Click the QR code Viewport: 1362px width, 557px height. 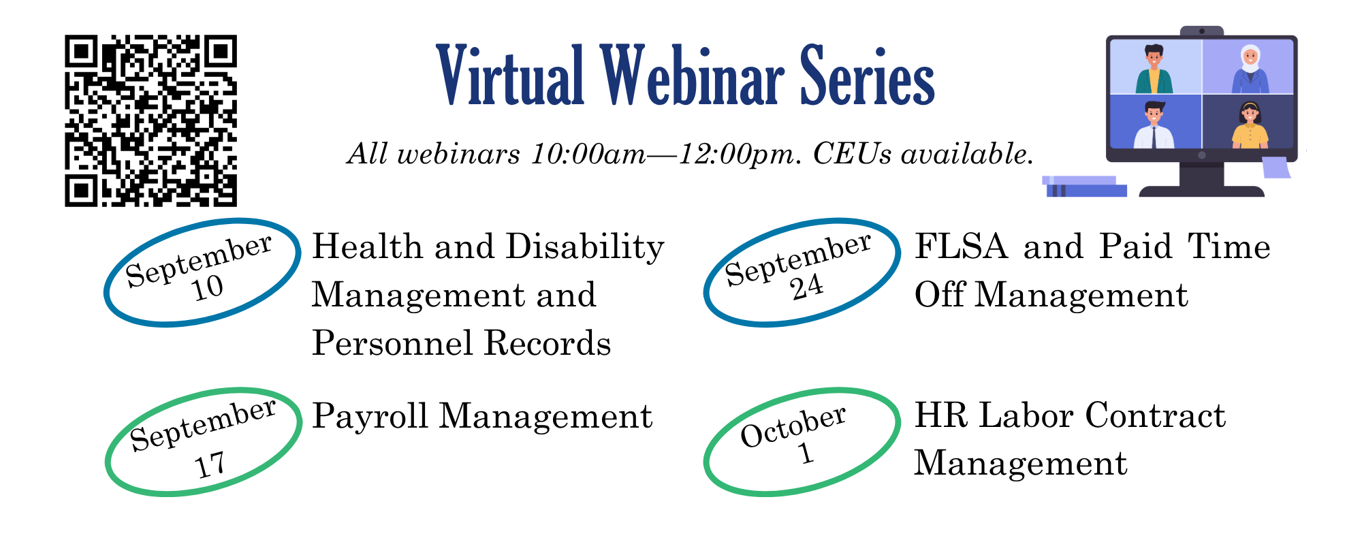tap(151, 121)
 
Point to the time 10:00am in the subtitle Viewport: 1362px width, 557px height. tap(588, 154)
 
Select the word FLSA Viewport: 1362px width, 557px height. tap(961, 246)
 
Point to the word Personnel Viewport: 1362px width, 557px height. tap(393, 343)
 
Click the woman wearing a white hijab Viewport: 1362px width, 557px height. tap(1250, 69)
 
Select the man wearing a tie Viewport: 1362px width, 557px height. tap(1154, 125)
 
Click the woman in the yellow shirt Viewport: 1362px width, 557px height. tap(1250, 125)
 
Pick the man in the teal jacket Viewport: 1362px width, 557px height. tap(1154, 69)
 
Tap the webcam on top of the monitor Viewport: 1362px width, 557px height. tap(1202, 31)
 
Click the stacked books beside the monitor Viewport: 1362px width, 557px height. tap(1084, 187)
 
